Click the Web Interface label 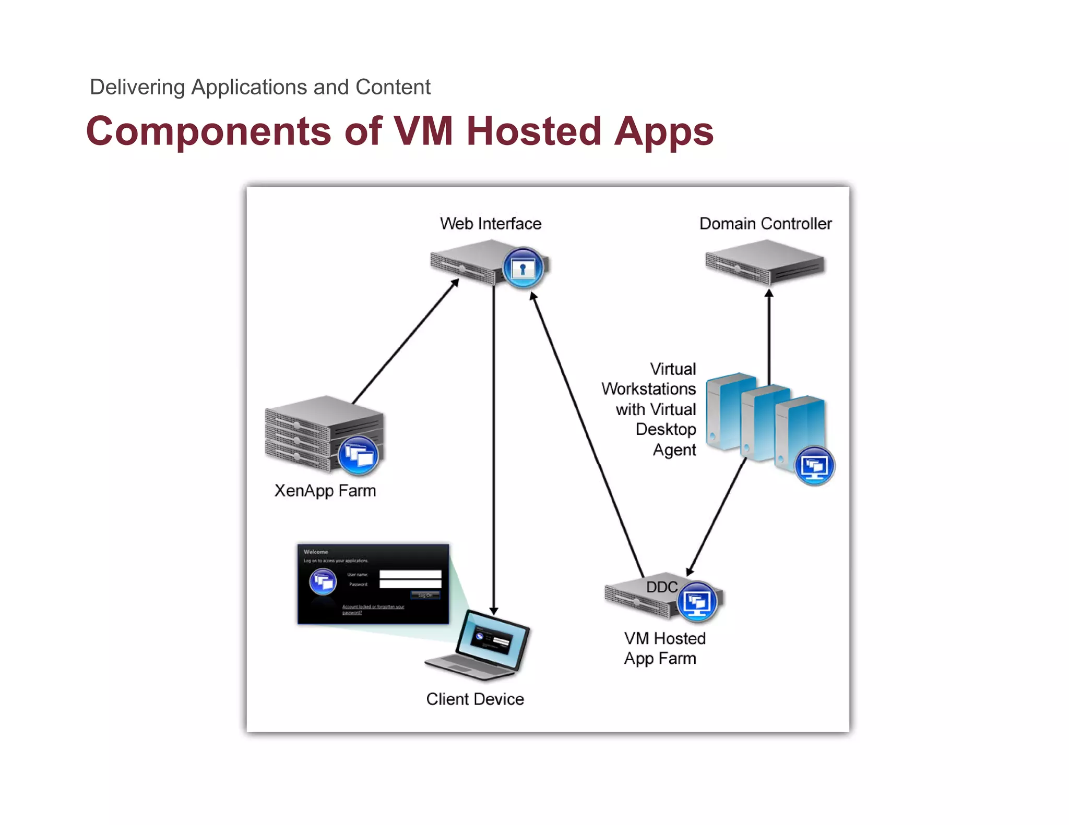pos(490,224)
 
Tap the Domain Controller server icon pos(764,262)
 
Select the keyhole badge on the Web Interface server pos(522,268)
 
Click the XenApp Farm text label pos(325,491)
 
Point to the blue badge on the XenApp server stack pos(358,455)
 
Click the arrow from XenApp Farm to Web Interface pos(405,342)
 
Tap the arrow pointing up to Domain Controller pos(769,334)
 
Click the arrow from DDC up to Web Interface pos(587,433)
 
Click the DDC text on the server pos(661,587)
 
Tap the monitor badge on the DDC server pos(697,602)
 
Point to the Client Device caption pos(474,699)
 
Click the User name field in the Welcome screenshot pos(410,574)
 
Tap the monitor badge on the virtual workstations pos(814,466)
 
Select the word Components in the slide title pos(208,131)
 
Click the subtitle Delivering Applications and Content pos(260,87)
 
